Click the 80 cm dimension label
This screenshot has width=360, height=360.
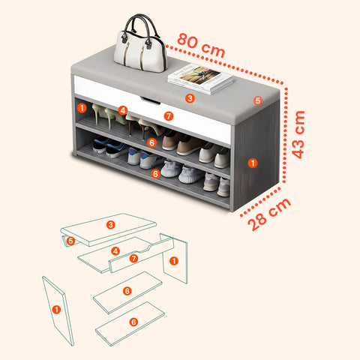201,45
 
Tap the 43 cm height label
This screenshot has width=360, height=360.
298,134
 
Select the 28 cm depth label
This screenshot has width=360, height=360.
269,214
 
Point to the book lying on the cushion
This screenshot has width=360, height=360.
200,79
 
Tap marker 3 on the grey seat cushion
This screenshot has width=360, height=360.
190,98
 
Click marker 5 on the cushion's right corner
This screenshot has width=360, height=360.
258,100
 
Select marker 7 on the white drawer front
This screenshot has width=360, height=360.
169,116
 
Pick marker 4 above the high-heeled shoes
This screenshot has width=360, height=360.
123,110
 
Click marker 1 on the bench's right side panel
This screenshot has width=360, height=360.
253,163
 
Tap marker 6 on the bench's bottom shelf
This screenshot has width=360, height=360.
155,174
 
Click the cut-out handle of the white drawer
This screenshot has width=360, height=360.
150,100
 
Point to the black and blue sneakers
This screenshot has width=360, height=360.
109,148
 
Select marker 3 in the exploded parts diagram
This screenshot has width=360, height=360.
110,225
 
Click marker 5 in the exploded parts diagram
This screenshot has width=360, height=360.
70,241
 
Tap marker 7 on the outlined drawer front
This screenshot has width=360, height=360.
133,258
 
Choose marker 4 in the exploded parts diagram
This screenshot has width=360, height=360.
115,251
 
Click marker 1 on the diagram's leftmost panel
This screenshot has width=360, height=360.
56,310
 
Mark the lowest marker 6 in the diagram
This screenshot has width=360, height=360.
133,322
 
